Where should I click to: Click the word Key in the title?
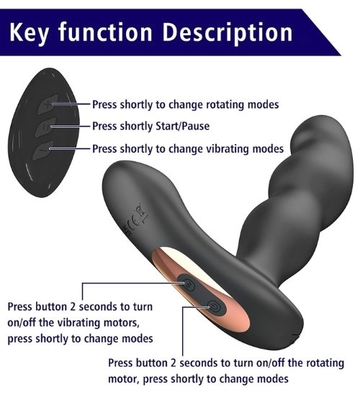(x=28, y=32)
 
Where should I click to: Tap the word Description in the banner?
(x=227, y=33)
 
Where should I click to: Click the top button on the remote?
(x=48, y=104)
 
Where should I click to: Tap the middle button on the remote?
(x=45, y=127)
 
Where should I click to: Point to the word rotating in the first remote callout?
(x=225, y=104)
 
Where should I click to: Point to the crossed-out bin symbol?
(x=141, y=214)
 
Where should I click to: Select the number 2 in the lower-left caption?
(x=72, y=307)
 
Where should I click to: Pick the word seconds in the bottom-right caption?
(x=198, y=363)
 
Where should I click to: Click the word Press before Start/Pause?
(x=104, y=126)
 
